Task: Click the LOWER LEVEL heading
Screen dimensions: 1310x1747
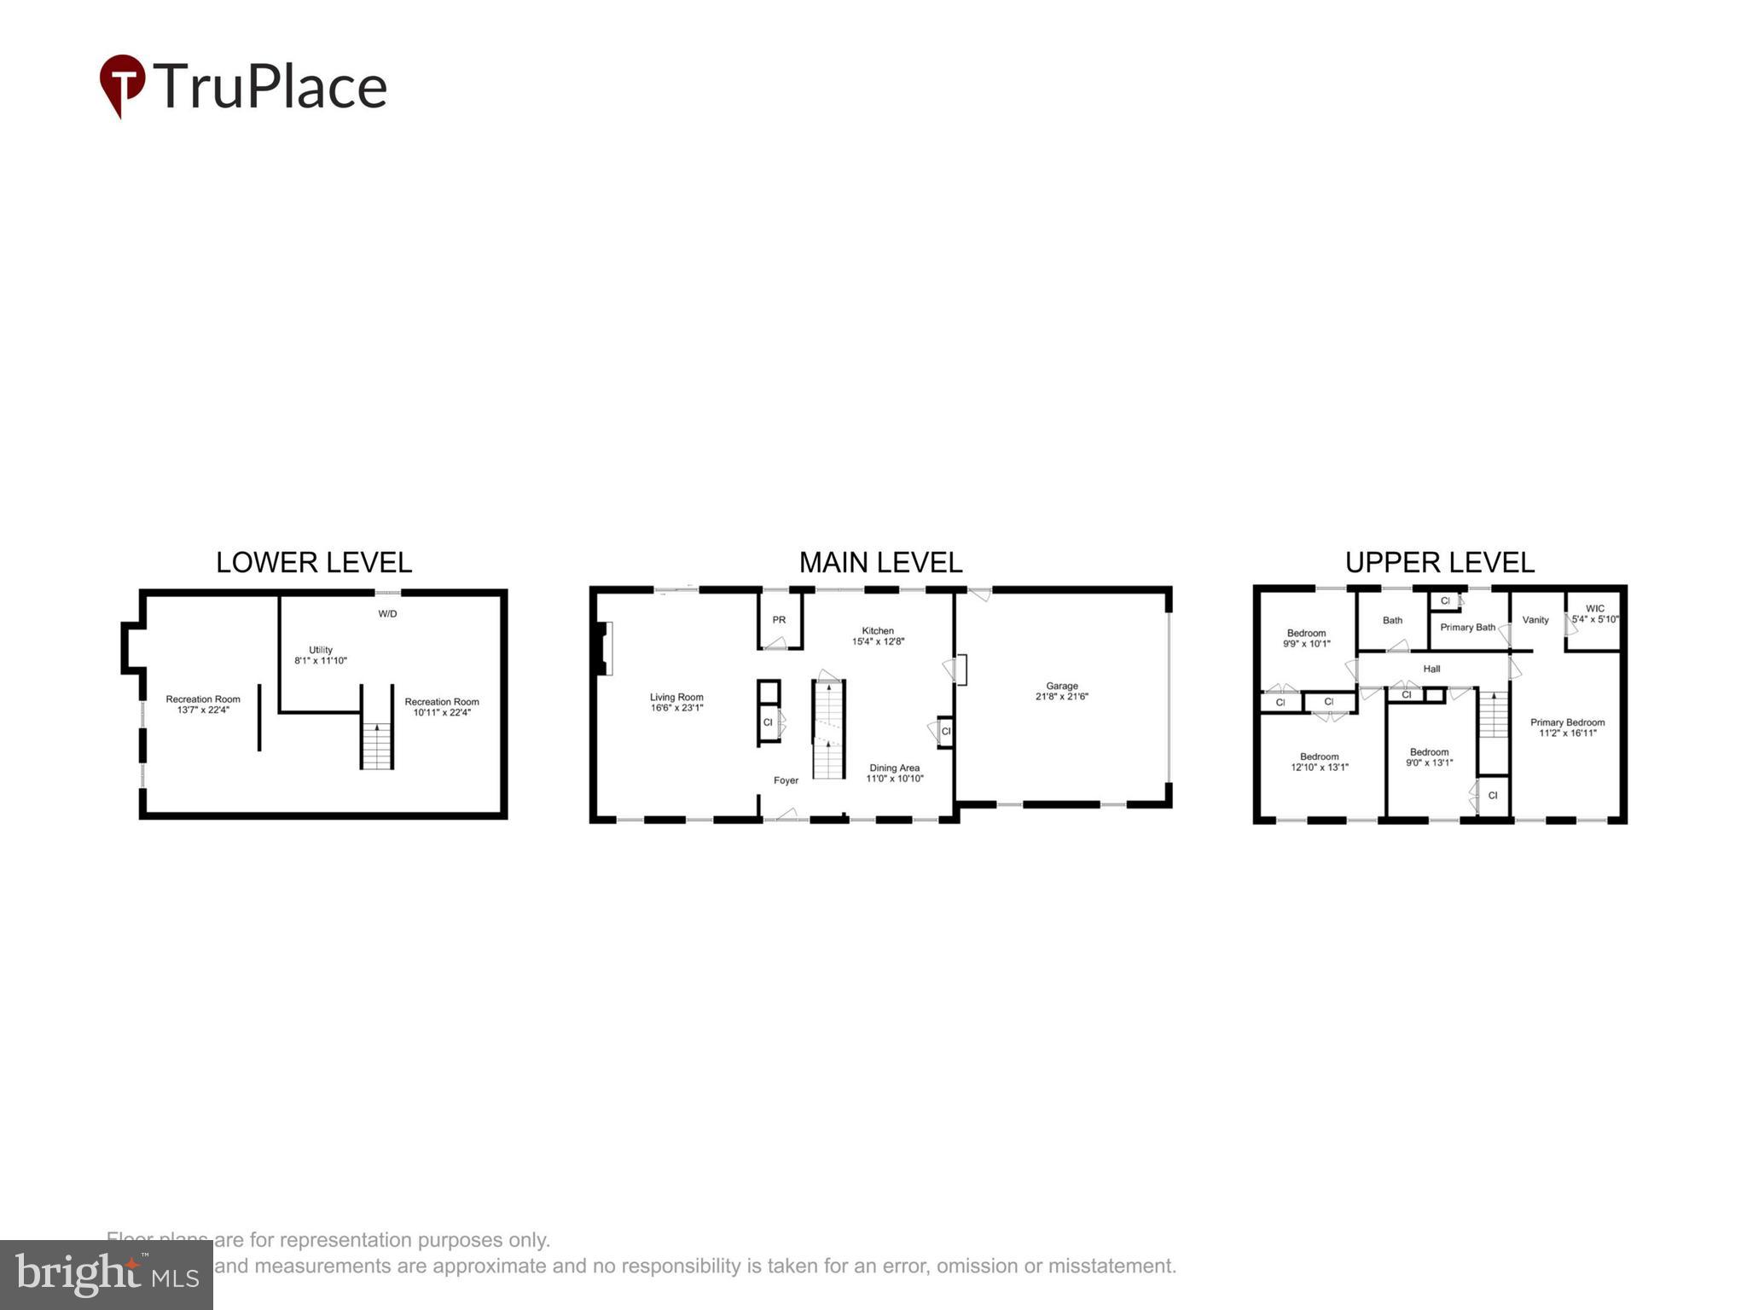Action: (314, 563)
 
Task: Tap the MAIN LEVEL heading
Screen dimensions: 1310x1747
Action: (880, 563)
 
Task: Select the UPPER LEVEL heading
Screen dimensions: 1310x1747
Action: (1439, 563)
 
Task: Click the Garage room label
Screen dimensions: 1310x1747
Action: (1062, 686)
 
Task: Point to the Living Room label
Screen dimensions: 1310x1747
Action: (676, 697)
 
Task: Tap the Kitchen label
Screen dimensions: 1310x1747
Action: (878, 630)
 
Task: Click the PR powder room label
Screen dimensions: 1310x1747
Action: (779, 620)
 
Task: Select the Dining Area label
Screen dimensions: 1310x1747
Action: (894, 768)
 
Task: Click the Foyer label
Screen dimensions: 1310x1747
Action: (786, 780)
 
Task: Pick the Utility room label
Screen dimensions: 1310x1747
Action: (321, 650)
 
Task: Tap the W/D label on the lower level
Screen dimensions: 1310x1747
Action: (387, 614)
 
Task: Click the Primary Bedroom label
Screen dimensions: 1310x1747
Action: (1567, 722)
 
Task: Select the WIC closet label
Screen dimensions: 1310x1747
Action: (1595, 609)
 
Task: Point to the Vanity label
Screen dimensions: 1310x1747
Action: (1535, 620)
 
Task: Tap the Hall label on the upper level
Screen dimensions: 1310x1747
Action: (1431, 669)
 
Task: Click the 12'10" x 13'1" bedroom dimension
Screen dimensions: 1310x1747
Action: (1320, 767)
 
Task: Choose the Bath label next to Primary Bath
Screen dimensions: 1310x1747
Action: (1392, 620)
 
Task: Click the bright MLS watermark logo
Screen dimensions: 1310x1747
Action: (107, 1274)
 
